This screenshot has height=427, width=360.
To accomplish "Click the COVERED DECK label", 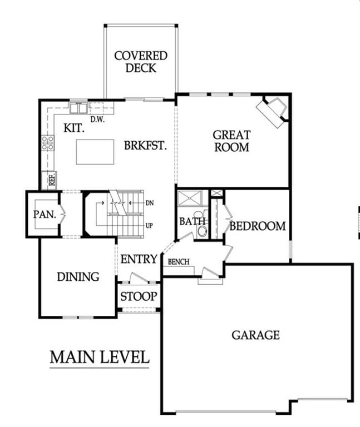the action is point(141,62).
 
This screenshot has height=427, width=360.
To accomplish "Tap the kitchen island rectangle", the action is point(95,152).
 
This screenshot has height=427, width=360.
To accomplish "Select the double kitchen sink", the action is point(78,108).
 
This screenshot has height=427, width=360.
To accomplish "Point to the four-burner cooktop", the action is point(48,143).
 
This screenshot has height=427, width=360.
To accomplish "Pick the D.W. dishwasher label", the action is point(97,119).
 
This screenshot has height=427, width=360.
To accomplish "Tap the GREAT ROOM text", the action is point(231,141).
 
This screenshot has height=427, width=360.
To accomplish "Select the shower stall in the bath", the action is point(190,198).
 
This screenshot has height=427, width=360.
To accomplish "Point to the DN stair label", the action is point(150,203).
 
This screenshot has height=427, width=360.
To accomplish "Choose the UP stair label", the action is point(149,226).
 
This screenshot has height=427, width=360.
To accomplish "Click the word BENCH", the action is point(179,262).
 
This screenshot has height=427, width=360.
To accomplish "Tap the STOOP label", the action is point(139,296).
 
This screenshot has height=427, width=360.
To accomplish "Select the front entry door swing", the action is point(139,278).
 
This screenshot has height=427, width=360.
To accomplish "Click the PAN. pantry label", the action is point(45,215).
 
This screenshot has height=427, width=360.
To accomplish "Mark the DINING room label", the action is point(78,277).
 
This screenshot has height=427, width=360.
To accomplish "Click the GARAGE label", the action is point(255,335).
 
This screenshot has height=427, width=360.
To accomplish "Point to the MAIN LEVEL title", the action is point(100,357).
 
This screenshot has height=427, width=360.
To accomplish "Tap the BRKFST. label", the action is point(145,146).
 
